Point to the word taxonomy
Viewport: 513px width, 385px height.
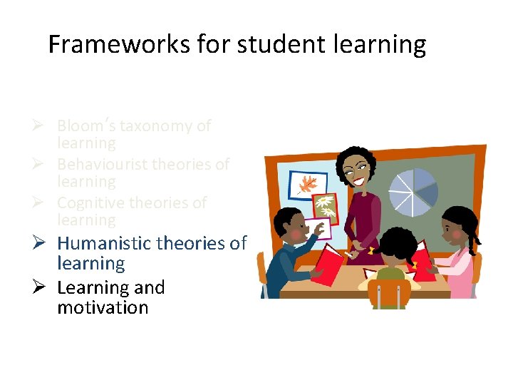tap(155, 126)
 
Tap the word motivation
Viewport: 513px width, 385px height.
tap(103, 308)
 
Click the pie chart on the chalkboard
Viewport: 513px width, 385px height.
tap(413, 192)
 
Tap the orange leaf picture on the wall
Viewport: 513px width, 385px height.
tap(308, 185)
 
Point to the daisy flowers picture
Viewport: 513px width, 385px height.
tap(326, 207)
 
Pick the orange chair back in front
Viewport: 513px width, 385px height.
tap(390, 293)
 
